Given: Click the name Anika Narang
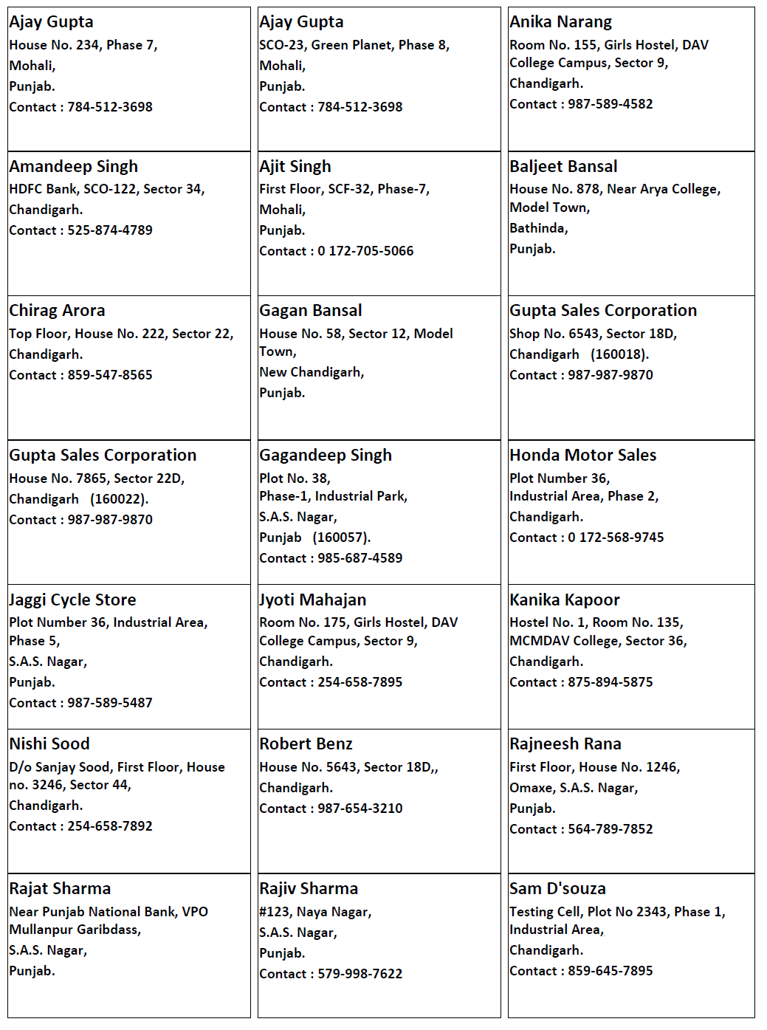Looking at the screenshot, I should coord(560,22).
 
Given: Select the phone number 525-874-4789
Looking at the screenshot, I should coord(110,230).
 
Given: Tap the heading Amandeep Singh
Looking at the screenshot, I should coord(73,167).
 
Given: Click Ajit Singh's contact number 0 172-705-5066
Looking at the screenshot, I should coord(365,251).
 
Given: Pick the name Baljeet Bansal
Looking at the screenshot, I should coord(563,167).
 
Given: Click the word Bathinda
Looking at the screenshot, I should coord(537,228).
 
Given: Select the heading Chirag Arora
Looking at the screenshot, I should coord(57,311).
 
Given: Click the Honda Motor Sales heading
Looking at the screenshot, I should coord(582,456).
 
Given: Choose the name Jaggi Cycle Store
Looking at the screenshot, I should coord(72,600).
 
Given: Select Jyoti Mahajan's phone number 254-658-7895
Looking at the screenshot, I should coord(360,682).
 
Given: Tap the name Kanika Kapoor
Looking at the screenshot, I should coord(564,600).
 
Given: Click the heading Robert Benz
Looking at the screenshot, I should coord(306,744).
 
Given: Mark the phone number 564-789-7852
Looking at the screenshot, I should coord(610,829).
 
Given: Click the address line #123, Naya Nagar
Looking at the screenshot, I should coord(314,912).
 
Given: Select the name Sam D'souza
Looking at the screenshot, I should coord(557,889).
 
